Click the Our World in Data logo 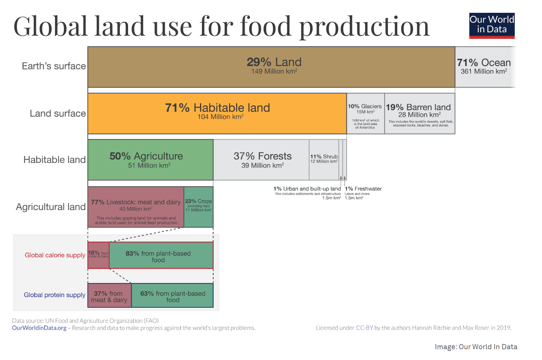(492, 25)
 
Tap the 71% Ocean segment (484, 67)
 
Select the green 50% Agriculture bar (150, 160)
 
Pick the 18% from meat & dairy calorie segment (98, 255)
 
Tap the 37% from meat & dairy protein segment (109, 295)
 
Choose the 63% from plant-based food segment (172, 295)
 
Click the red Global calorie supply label (55, 255)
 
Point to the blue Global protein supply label (54, 295)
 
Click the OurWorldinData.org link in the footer (39, 328)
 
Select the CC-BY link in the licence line (364, 328)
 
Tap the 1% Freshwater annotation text (363, 189)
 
